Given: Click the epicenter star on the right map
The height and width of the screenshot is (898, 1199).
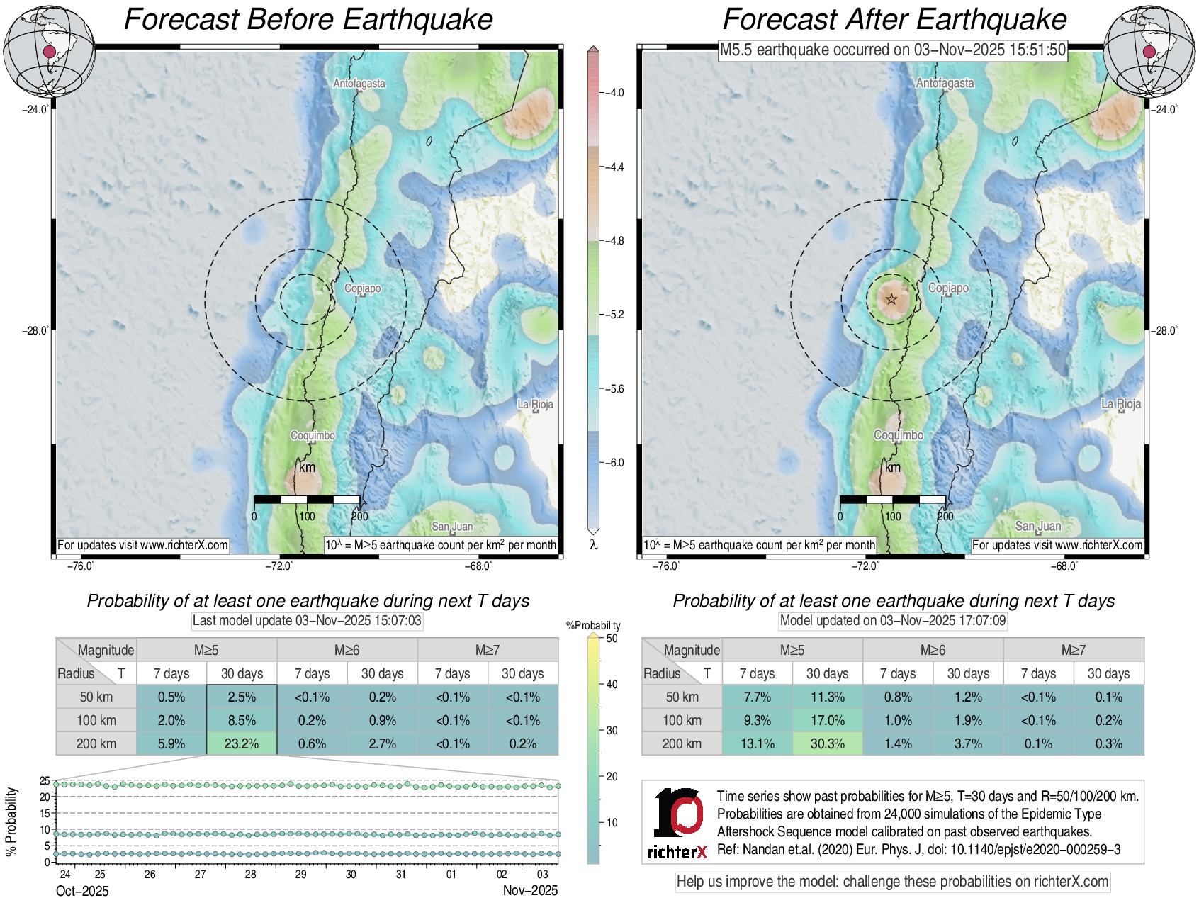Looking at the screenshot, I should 891,299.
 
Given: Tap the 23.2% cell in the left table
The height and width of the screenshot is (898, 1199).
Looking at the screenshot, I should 242,743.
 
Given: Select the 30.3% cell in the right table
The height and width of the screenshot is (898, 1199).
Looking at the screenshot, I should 827,743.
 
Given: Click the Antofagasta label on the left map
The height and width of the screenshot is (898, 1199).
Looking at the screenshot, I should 359,84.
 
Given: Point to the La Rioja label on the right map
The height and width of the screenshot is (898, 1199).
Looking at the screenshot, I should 1121,404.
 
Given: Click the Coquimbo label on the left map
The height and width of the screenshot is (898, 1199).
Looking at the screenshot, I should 313,435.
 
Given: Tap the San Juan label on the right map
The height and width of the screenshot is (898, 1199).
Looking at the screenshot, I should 1038,526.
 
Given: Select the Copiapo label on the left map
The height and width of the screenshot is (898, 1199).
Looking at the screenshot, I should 362,288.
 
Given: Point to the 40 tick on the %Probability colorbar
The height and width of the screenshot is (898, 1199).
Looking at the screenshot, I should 612,684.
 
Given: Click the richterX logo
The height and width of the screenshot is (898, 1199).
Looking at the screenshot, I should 677,823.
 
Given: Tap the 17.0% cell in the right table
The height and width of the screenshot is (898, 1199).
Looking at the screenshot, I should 827,720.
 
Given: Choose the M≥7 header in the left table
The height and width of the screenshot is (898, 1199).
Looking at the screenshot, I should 488,650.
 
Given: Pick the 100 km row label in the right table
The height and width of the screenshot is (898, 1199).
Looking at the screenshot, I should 682,720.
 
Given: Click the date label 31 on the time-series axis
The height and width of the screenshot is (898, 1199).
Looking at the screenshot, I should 401,875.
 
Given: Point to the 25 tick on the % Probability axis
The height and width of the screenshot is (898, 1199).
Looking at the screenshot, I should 45,781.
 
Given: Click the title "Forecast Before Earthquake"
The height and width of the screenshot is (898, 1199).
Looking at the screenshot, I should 308,19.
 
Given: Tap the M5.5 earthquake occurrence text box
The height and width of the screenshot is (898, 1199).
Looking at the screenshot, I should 893,50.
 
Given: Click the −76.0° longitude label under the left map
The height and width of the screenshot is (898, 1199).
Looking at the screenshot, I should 81,566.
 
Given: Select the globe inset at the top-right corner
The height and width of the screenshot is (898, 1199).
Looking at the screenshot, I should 1149,51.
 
